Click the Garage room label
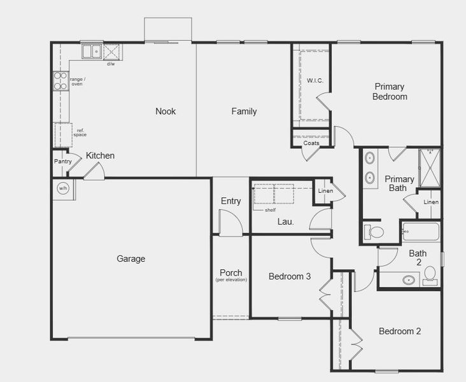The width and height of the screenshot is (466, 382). pos(131,258)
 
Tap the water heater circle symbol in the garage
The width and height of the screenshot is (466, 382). pos(63,188)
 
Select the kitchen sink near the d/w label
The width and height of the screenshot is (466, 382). pos(91,51)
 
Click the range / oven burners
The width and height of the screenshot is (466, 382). pos(60,81)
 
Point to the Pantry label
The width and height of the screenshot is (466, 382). pos(62,162)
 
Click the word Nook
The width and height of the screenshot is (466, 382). pos(166,111)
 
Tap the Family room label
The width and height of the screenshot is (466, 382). pos(244,111)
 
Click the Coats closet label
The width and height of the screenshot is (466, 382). pos(311,143)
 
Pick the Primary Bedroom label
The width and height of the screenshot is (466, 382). pos(390,92)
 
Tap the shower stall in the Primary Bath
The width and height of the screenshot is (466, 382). pos(430,168)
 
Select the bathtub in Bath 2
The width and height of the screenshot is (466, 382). pos(421,232)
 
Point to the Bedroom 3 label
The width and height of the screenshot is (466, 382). pos(290,276)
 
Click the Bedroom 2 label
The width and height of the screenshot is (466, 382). pos(400,331)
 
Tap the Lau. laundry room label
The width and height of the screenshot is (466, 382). pos(285,222)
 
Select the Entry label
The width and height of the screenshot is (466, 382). pos(230,201)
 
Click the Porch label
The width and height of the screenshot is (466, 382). pos(230,272)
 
